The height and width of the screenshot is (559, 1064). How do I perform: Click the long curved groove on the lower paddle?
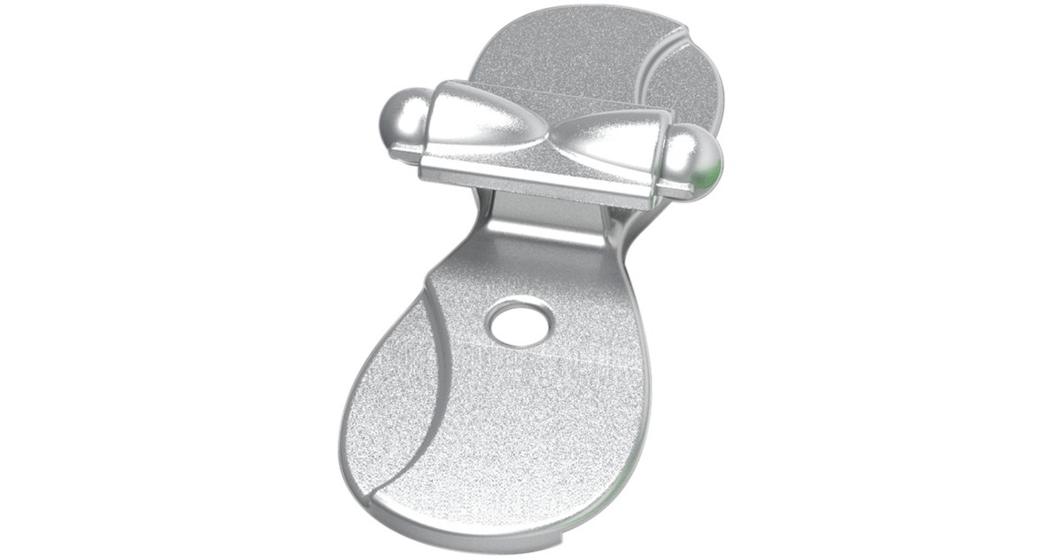pyautogui.click(x=434, y=373)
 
